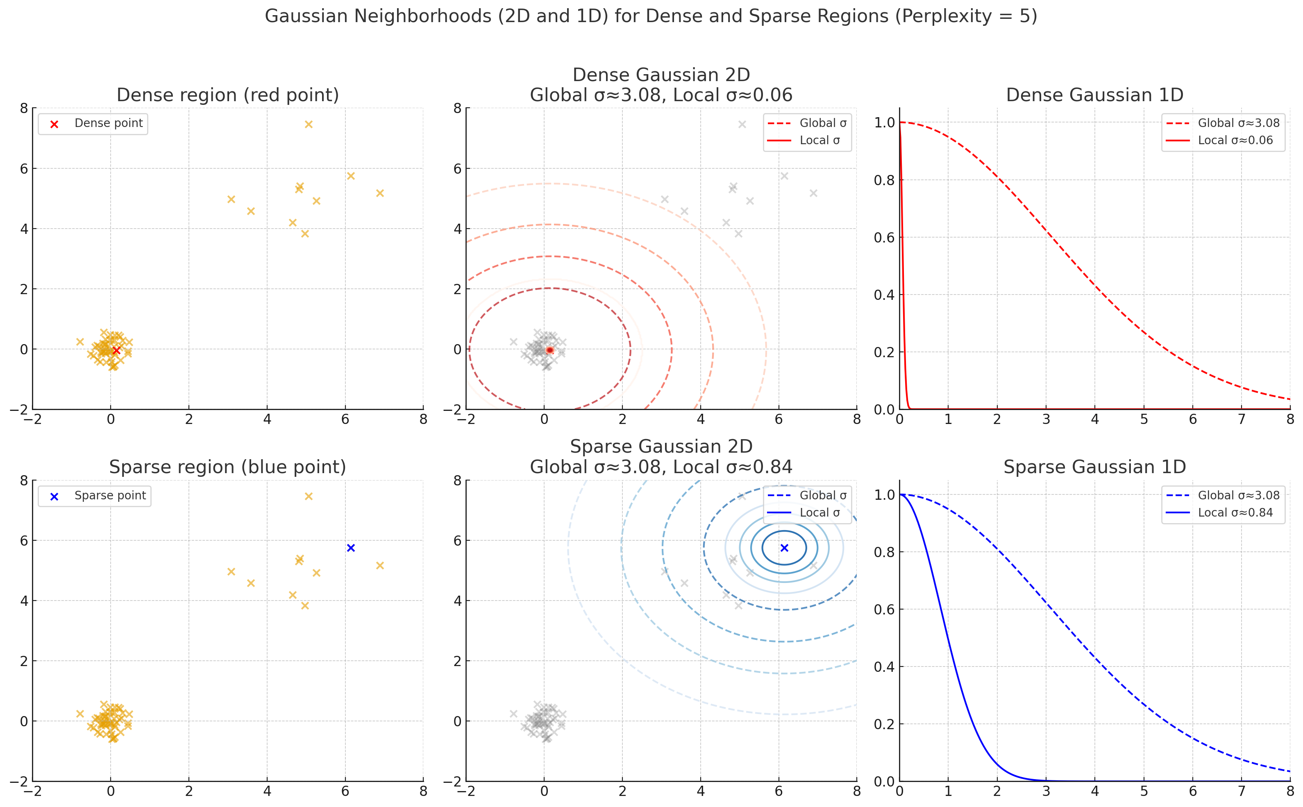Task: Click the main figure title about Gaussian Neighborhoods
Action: (x=651, y=16)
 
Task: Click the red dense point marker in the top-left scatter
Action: (x=116, y=350)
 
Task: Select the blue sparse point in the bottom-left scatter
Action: (x=351, y=548)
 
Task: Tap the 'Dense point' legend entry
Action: (x=108, y=123)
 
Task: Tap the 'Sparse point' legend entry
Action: (x=110, y=496)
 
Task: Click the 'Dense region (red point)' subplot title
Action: (x=227, y=95)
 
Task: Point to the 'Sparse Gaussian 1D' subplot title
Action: (x=1094, y=467)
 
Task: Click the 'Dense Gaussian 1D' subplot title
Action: (x=1094, y=95)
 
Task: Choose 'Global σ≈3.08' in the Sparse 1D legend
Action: (x=1238, y=495)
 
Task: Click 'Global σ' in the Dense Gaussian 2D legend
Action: (x=823, y=123)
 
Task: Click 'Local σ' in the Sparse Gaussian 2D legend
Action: (x=819, y=513)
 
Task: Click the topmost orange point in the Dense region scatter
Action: (x=309, y=125)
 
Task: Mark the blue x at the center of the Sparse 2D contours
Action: (x=784, y=548)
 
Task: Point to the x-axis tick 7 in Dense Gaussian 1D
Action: (x=1242, y=419)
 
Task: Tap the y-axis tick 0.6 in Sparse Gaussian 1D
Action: (x=884, y=610)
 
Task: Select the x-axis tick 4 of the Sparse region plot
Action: (x=267, y=791)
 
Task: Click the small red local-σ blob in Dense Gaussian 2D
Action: (x=550, y=350)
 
